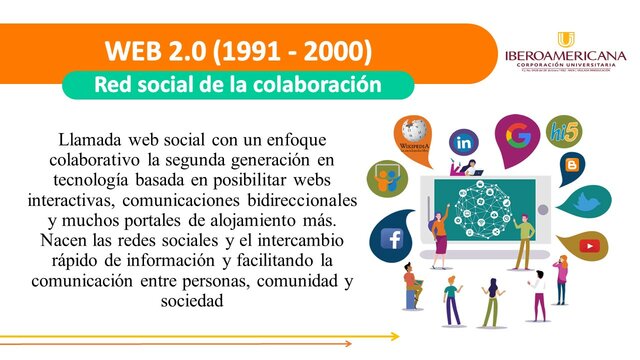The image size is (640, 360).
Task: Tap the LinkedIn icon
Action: (464, 143)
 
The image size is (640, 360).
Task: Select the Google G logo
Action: (518, 134)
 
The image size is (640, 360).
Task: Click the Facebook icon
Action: (391, 239)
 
